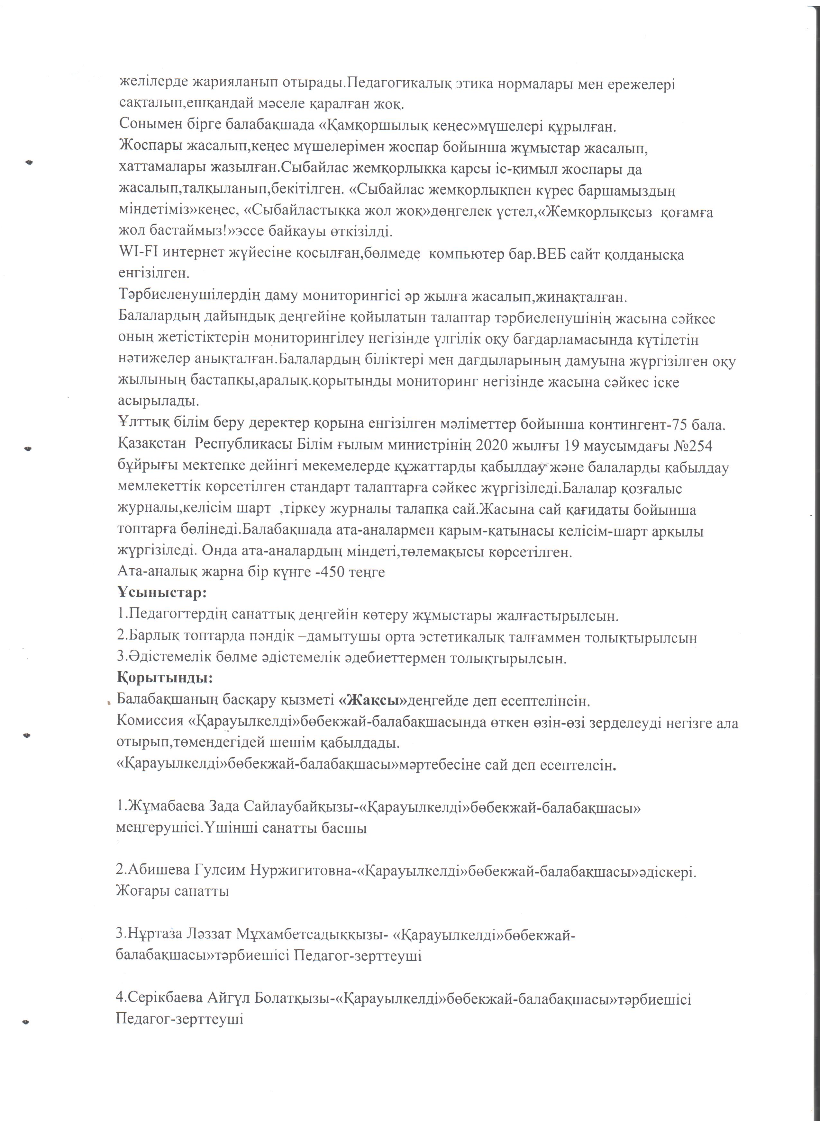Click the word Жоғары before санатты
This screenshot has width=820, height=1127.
[141, 892]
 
